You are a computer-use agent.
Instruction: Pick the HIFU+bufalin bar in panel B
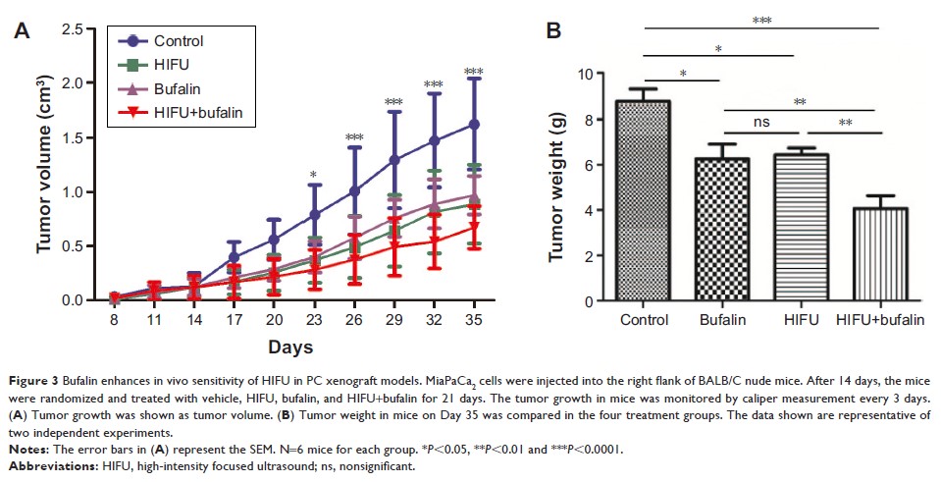[862, 254]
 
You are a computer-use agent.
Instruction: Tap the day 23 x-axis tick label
[314, 320]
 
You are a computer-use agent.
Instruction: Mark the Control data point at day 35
[474, 125]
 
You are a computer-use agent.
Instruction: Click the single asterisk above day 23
[314, 176]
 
